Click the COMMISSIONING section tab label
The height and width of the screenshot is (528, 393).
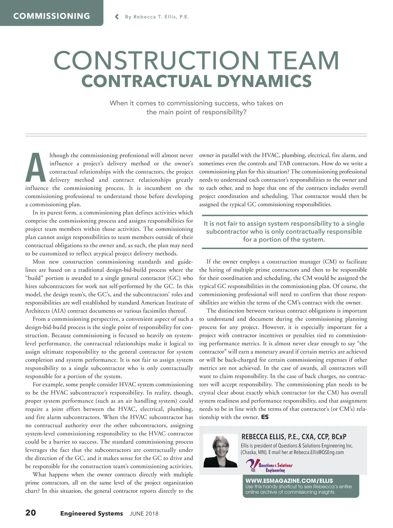[x=51, y=16]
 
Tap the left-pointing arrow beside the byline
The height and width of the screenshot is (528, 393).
[x=117, y=17]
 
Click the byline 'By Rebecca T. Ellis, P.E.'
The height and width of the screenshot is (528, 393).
[x=157, y=17]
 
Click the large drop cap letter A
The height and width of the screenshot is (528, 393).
[x=36, y=168]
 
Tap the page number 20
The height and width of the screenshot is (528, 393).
[x=31, y=513]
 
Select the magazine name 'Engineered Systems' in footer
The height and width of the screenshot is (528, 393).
[x=91, y=513]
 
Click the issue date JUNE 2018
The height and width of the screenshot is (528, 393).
[x=144, y=514]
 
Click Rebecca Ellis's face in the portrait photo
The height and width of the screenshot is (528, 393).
[x=220, y=446]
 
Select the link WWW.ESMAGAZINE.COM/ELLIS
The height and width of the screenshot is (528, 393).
[x=289, y=480]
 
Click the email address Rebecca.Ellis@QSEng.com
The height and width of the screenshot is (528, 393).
[x=318, y=452]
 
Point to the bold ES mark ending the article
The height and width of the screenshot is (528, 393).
[x=265, y=417]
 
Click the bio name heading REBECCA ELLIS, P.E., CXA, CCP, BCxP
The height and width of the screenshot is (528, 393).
[x=294, y=437]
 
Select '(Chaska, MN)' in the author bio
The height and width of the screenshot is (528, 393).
[x=254, y=452]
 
